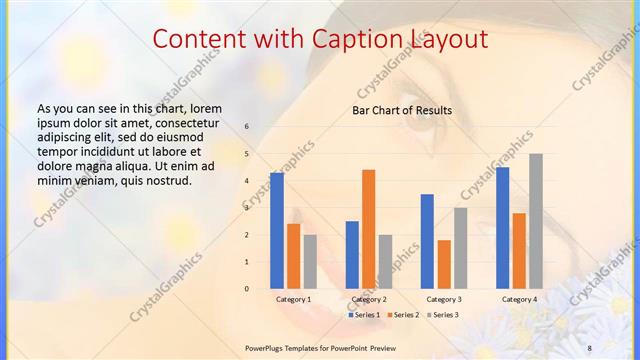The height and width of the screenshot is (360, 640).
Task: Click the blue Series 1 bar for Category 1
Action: click(277, 230)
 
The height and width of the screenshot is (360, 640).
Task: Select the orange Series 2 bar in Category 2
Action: click(368, 229)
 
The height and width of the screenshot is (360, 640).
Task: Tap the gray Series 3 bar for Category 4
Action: click(536, 221)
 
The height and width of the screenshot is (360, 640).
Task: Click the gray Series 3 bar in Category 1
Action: click(310, 261)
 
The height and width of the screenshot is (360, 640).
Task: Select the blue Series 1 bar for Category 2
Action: click(352, 255)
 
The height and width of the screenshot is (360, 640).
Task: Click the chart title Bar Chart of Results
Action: click(402, 110)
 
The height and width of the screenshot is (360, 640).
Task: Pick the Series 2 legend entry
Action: click(403, 315)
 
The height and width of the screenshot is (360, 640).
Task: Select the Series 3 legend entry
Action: click(442, 315)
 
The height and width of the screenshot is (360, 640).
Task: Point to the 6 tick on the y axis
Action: click(247, 127)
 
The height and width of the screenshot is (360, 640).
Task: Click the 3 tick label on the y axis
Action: click(247, 208)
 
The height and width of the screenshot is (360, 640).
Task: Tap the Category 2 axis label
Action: click(369, 299)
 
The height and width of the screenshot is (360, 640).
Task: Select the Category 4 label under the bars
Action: click(518, 299)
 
